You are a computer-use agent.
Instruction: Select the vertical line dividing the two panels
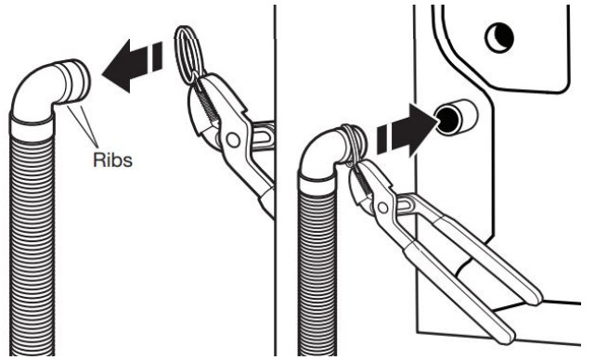pos(275,186)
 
